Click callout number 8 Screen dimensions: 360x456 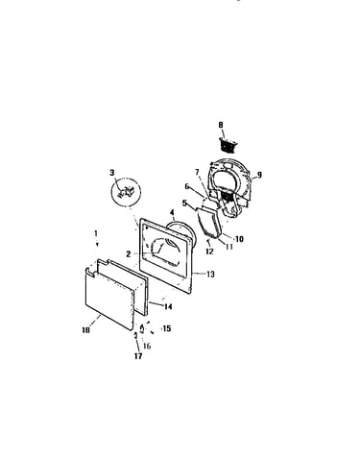coord(221,125)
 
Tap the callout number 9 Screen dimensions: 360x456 coord(259,175)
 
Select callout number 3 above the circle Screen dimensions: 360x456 coord(111,173)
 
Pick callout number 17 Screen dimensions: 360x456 coord(138,356)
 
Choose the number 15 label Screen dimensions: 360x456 coord(167,328)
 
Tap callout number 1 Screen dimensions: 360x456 coord(96,234)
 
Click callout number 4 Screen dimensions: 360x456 coord(172,212)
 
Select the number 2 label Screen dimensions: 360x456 coord(128,254)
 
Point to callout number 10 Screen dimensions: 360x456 coord(239,239)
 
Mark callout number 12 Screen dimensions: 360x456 coord(209,252)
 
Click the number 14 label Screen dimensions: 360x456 coord(168,306)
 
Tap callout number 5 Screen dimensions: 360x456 coord(184,203)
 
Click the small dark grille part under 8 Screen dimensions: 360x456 coord(228,146)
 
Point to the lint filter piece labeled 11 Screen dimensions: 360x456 coord(208,225)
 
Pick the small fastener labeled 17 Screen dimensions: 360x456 coord(135,335)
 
